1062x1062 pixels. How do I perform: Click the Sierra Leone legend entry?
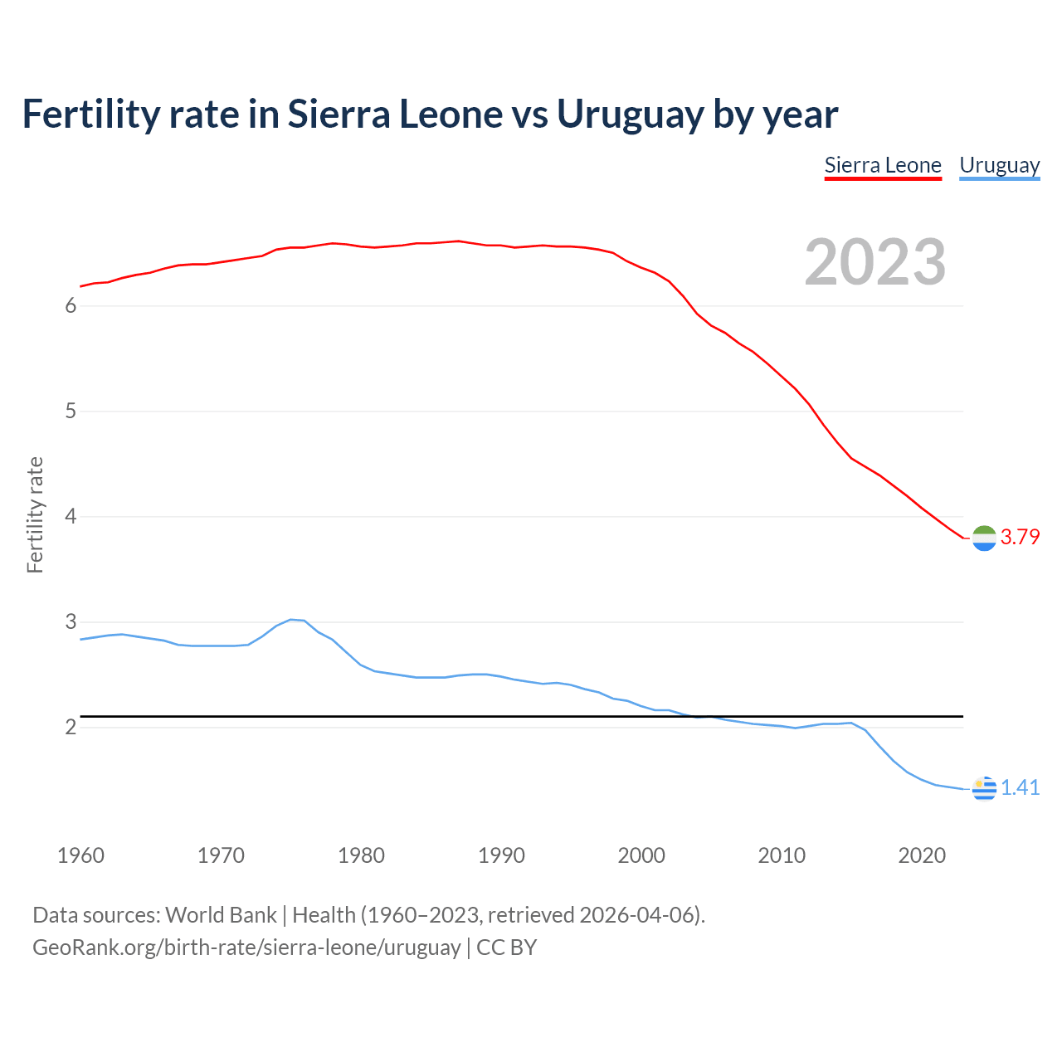point(883,165)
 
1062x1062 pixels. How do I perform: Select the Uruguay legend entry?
point(999,165)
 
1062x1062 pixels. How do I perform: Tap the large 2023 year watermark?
point(875,262)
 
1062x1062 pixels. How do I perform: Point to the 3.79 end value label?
point(1020,537)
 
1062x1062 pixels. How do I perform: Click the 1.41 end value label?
point(1020,787)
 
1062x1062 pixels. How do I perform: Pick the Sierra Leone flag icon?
point(984,538)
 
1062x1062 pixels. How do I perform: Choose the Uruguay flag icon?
point(984,788)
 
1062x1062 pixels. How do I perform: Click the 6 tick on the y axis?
point(71,306)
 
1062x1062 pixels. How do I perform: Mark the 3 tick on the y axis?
point(71,622)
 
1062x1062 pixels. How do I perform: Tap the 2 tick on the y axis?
point(71,728)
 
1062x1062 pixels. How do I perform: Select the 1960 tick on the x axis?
point(80,855)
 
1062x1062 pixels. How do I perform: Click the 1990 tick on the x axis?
point(501,855)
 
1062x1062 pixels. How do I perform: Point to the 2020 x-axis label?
point(922,855)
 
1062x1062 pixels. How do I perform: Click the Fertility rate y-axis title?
point(35,515)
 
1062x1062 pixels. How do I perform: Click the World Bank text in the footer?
point(221,915)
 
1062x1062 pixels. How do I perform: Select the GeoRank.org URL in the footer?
point(246,947)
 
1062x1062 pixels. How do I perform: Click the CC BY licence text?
point(506,947)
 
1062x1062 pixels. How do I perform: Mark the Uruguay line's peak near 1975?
point(290,619)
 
